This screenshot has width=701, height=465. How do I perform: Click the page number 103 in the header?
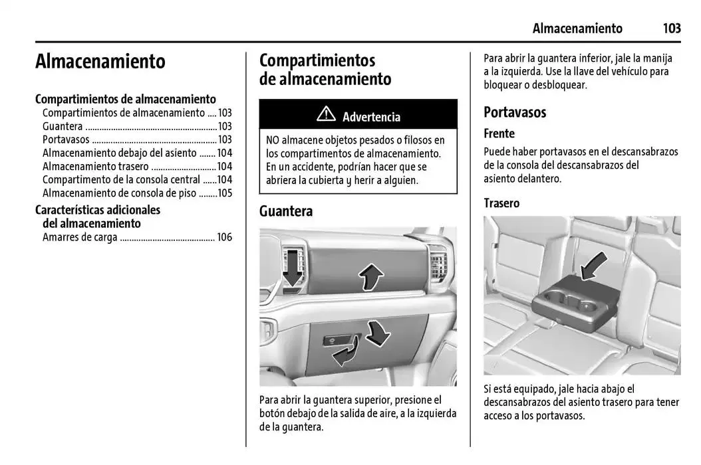(671, 28)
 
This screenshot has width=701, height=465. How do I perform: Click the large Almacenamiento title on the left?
(100, 61)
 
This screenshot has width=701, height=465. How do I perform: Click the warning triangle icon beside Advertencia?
(326, 115)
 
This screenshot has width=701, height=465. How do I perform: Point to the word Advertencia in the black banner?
(371, 117)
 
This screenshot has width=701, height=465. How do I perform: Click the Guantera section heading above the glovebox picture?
(286, 211)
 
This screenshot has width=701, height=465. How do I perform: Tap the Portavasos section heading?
(515, 112)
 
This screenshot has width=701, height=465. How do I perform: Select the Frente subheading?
(499, 134)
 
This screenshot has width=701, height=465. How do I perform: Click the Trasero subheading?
(501, 203)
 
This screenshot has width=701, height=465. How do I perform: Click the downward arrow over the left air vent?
(291, 269)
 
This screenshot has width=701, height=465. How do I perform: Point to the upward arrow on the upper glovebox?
(370, 275)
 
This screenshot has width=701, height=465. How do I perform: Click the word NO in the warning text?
(273, 140)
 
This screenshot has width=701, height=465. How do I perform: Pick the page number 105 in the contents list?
(225, 193)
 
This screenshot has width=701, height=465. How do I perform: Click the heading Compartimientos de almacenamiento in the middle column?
(325, 69)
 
